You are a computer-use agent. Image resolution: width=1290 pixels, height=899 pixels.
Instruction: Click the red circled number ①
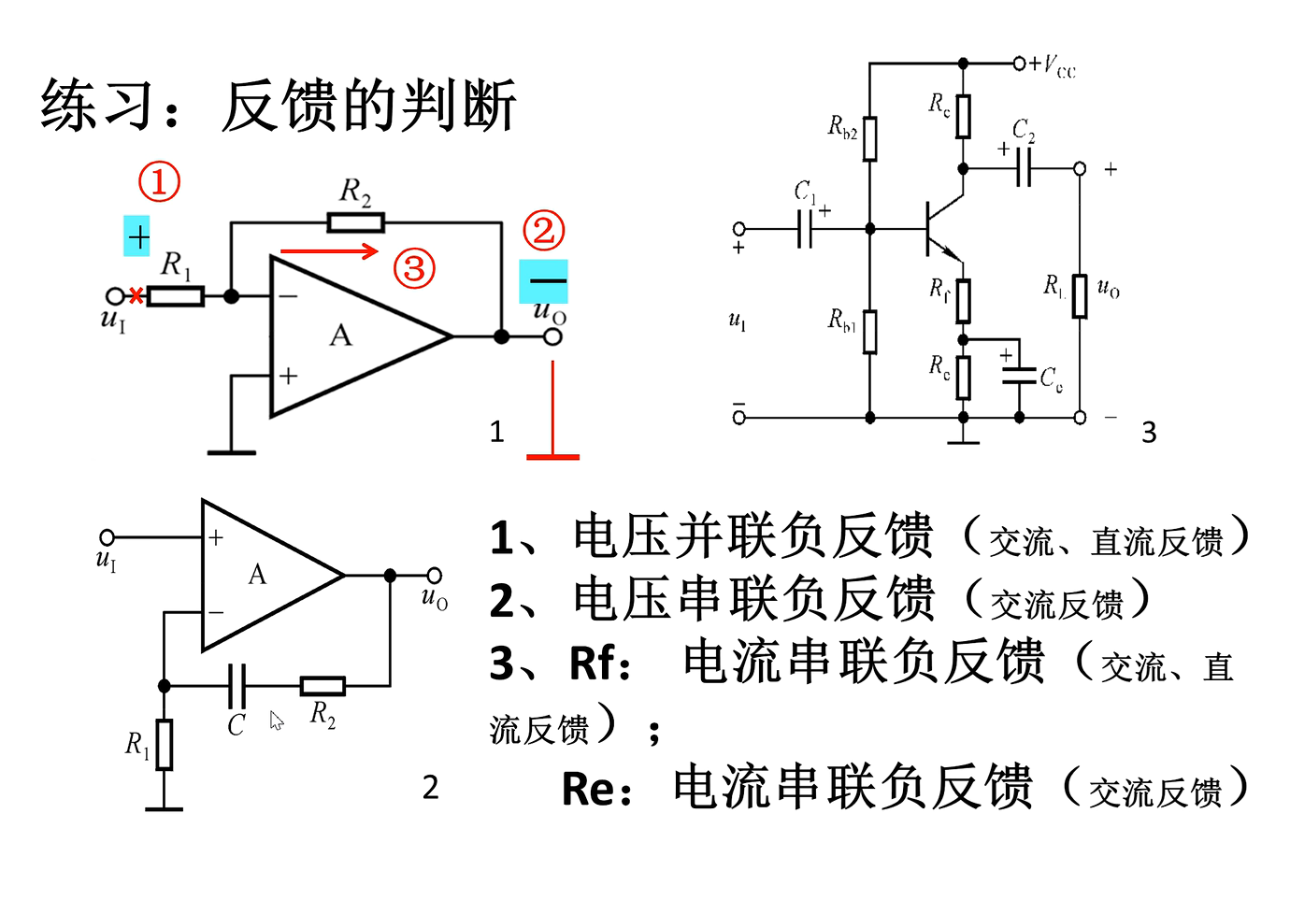pos(159,181)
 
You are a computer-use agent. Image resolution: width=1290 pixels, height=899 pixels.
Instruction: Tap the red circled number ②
pos(543,231)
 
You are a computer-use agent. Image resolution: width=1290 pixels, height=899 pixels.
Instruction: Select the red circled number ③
pos(414,269)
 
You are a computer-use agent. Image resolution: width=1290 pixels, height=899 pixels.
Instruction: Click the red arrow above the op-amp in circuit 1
pos(329,250)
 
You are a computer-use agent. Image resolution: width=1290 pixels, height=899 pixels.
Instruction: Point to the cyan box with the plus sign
pos(137,237)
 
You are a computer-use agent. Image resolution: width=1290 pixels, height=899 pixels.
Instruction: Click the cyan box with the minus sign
pos(544,280)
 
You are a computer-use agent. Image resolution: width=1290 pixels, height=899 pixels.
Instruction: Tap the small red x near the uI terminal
pos(136,296)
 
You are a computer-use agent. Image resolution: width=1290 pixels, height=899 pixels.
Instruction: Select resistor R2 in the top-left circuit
pos(355,222)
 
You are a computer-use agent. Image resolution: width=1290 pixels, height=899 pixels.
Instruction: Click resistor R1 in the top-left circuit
pos(176,297)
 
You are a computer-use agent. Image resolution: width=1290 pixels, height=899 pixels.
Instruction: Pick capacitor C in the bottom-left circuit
pos(237,687)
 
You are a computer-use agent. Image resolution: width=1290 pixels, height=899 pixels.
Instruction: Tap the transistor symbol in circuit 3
pos(939,228)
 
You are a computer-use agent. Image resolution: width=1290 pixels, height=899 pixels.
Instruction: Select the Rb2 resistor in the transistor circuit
pos(870,138)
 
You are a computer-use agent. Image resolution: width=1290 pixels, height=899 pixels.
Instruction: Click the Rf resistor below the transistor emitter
pos(963,301)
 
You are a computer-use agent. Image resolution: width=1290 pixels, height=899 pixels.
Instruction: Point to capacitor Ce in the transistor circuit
pos(1019,377)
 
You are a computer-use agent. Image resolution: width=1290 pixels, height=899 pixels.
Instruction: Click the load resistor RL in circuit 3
pos(1080,295)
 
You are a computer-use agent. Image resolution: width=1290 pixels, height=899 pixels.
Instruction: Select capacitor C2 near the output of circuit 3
pos(1024,168)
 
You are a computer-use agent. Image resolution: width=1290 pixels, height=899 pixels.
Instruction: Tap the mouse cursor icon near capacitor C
pos(277,721)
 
